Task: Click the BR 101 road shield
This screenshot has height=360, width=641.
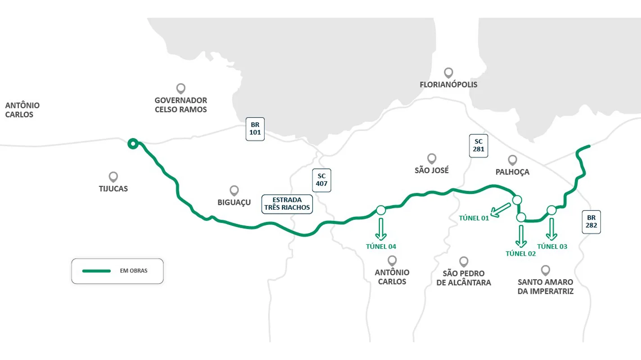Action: tap(255, 129)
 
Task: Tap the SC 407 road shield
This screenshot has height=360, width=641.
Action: tap(322, 180)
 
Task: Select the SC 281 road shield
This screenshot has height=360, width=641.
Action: tap(478, 145)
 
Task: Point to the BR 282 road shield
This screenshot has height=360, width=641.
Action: tap(591, 221)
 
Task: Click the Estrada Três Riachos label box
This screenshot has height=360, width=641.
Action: tap(287, 203)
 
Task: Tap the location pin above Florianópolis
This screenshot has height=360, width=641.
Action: tap(448, 72)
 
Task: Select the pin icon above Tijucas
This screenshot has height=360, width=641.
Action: tap(113, 176)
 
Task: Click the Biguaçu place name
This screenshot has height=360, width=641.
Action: tap(234, 203)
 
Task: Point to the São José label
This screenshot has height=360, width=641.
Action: tap(432, 171)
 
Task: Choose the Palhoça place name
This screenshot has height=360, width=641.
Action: tap(512, 172)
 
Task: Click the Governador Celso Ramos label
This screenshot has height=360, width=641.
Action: tap(181, 105)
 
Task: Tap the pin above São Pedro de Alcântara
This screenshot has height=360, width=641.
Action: tap(464, 261)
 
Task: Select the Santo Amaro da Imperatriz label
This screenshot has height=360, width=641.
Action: tap(546, 287)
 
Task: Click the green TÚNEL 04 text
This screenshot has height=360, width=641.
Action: tap(381, 246)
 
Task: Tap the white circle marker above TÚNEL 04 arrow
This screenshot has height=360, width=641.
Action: tap(381, 210)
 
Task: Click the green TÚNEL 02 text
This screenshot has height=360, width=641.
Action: tap(521, 253)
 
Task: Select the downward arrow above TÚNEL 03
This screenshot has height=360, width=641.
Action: tap(551, 230)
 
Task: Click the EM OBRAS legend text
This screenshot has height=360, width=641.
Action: tap(134, 271)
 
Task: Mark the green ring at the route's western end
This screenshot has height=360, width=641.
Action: tap(132, 144)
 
